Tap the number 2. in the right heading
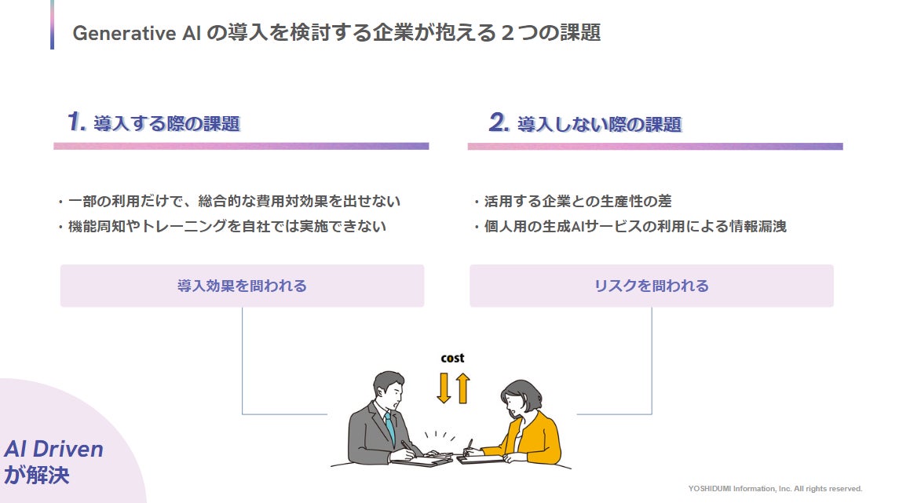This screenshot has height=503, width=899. (499, 122)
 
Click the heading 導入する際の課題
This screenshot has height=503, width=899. (166, 124)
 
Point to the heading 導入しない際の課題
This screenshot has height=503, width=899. (598, 124)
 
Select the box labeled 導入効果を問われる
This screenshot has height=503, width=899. (242, 286)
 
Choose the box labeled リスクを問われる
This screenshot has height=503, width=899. (651, 286)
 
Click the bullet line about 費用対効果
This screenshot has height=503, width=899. (228, 202)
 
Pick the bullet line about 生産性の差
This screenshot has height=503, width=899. (572, 202)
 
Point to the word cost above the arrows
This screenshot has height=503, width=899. (452, 359)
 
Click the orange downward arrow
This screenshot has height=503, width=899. (444, 388)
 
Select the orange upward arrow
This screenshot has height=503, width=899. (462, 388)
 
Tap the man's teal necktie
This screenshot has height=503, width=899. (389, 428)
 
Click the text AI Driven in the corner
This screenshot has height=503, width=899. (53, 449)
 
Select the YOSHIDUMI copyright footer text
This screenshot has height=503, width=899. (775, 488)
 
